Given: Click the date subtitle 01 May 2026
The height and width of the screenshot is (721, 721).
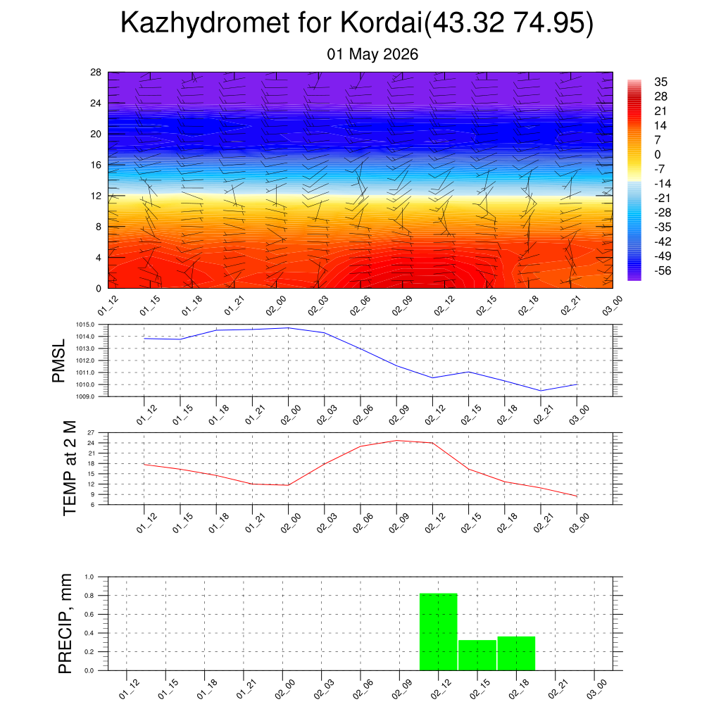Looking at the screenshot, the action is (372, 54).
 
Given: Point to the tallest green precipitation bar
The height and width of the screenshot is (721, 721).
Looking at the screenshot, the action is (439, 632).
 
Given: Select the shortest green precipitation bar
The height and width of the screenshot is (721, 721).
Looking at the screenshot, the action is (477, 656).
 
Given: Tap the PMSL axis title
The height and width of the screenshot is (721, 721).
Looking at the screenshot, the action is (59, 361).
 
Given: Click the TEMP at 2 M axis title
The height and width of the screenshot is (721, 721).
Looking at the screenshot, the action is (70, 468).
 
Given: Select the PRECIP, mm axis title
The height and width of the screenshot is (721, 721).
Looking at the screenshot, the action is (65, 624).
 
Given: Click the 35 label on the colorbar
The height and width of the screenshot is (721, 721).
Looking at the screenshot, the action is (660, 82).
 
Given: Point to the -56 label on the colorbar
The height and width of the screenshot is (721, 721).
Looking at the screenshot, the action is (663, 271).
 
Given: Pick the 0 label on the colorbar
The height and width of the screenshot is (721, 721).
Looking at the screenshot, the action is (658, 154).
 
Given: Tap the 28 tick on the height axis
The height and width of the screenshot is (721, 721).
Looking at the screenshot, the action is (96, 73).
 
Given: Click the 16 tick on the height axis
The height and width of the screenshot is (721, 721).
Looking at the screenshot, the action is (96, 165).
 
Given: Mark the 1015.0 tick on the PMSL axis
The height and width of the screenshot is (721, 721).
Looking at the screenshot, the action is (85, 325).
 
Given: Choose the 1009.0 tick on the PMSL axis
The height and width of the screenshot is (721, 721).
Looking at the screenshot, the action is (85, 396).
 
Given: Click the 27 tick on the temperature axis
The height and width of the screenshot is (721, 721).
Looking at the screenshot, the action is (91, 433).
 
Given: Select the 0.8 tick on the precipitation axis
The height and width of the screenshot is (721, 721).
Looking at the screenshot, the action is (89, 596).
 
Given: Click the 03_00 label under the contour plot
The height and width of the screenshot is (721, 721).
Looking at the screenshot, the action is (612, 306).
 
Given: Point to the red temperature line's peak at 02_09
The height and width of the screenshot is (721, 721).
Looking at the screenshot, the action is (396, 441).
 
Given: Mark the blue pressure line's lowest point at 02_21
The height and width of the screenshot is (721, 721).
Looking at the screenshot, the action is (541, 391).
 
